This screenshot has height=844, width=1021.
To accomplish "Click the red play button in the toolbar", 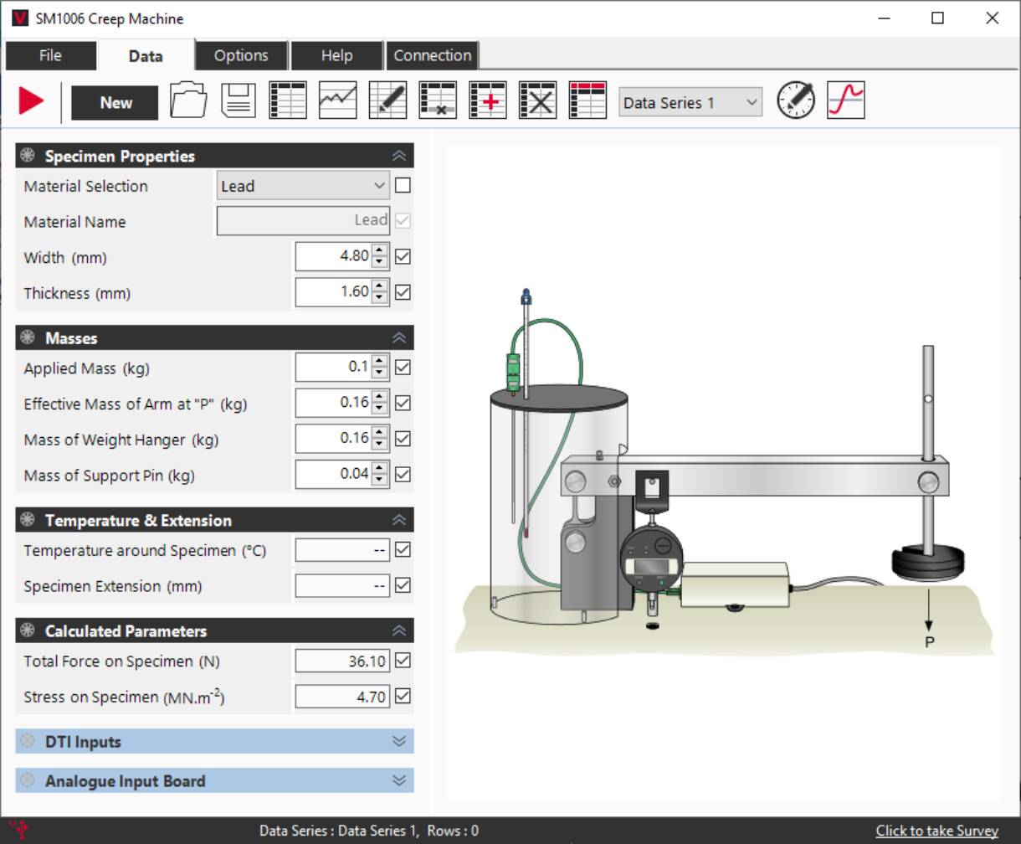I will (x=31, y=101).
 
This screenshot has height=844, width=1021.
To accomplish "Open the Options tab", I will (x=241, y=55).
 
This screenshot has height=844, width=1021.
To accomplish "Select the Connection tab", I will (x=432, y=55).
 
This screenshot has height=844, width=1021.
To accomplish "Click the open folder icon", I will (x=188, y=101).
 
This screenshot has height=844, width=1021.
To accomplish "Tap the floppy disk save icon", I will (x=239, y=101).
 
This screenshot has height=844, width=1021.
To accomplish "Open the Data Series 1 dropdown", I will (x=690, y=102).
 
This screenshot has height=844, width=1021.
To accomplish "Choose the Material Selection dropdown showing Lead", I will (x=302, y=186).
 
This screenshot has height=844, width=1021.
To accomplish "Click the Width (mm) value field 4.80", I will (x=333, y=256).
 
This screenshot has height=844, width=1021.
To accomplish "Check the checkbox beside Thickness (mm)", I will (x=403, y=292).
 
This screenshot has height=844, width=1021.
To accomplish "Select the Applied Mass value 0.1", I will (x=333, y=367).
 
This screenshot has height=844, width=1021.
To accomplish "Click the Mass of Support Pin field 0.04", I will (x=333, y=474).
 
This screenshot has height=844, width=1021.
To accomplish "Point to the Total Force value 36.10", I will (x=341, y=661).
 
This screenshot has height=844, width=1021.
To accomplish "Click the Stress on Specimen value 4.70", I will (x=341, y=697).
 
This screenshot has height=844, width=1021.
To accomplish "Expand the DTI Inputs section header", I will (x=214, y=742).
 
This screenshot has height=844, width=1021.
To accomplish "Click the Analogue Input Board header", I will (x=214, y=781).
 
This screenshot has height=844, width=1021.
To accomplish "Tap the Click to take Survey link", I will (x=936, y=831).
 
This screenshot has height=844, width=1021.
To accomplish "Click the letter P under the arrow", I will (x=929, y=642).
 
